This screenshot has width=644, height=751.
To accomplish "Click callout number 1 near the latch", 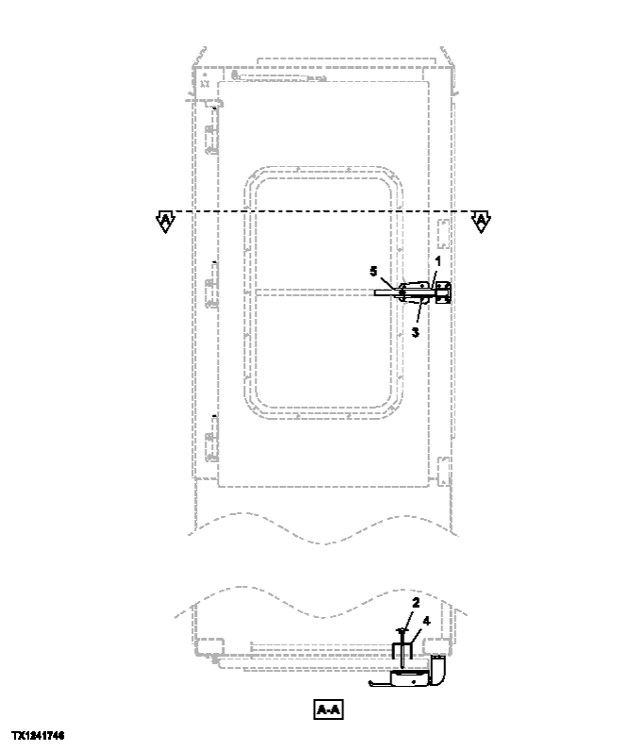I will (x=438, y=259).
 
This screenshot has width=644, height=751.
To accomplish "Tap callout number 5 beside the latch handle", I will (x=373, y=271).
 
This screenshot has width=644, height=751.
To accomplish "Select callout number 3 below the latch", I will (x=415, y=332).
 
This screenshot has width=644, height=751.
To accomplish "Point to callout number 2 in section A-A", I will (x=415, y=602).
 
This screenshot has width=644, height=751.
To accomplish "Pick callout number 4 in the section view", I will (x=427, y=621).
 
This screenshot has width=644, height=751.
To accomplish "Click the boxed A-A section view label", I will (x=328, y=709).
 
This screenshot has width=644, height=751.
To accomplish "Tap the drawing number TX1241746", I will (x=38, y=734).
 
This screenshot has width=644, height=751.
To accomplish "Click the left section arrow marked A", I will (x=165, y=222).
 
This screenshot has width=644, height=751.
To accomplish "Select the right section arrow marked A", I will (x=481, y=222).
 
